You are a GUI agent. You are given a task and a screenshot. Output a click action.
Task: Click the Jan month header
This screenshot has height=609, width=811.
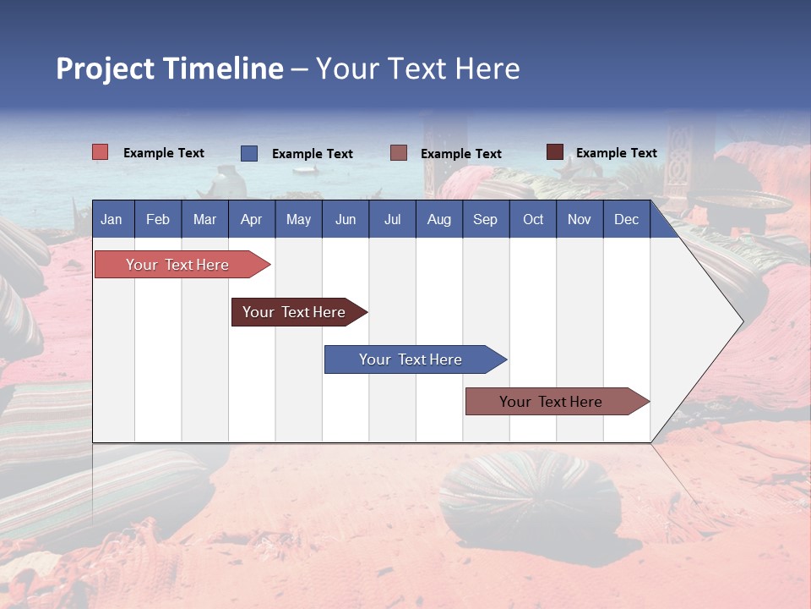pos(112,219)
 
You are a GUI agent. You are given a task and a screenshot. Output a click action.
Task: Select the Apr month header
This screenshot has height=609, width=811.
pos(251,219)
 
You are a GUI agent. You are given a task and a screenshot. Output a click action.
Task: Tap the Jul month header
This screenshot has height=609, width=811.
pos(392,219)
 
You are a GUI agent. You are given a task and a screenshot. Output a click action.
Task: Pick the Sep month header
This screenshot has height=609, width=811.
pos(485,219)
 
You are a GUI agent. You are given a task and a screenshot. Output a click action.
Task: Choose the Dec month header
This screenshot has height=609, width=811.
pos(626,219)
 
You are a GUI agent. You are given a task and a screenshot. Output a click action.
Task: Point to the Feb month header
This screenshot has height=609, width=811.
pos(158,219)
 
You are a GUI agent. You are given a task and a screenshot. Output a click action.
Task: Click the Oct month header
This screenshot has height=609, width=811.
pos(533,219)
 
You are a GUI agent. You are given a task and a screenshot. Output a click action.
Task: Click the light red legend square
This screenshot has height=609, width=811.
pos(101,152)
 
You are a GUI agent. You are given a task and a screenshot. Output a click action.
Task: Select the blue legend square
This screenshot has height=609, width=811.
pos(249,153)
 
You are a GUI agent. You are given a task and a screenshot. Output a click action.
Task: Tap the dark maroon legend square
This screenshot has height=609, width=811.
pos(555,152)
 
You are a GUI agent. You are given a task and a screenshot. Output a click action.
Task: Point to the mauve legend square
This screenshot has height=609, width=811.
pos(399,153)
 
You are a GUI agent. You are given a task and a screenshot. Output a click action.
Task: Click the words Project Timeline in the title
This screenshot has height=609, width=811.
pos(170,69)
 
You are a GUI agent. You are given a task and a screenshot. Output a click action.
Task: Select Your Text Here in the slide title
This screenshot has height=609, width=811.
pos(418,69)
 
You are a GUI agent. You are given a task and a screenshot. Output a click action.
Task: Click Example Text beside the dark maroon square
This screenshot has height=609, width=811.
pos(616,153)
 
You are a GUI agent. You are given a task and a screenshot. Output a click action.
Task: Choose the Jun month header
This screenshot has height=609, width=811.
pos(346,219)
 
